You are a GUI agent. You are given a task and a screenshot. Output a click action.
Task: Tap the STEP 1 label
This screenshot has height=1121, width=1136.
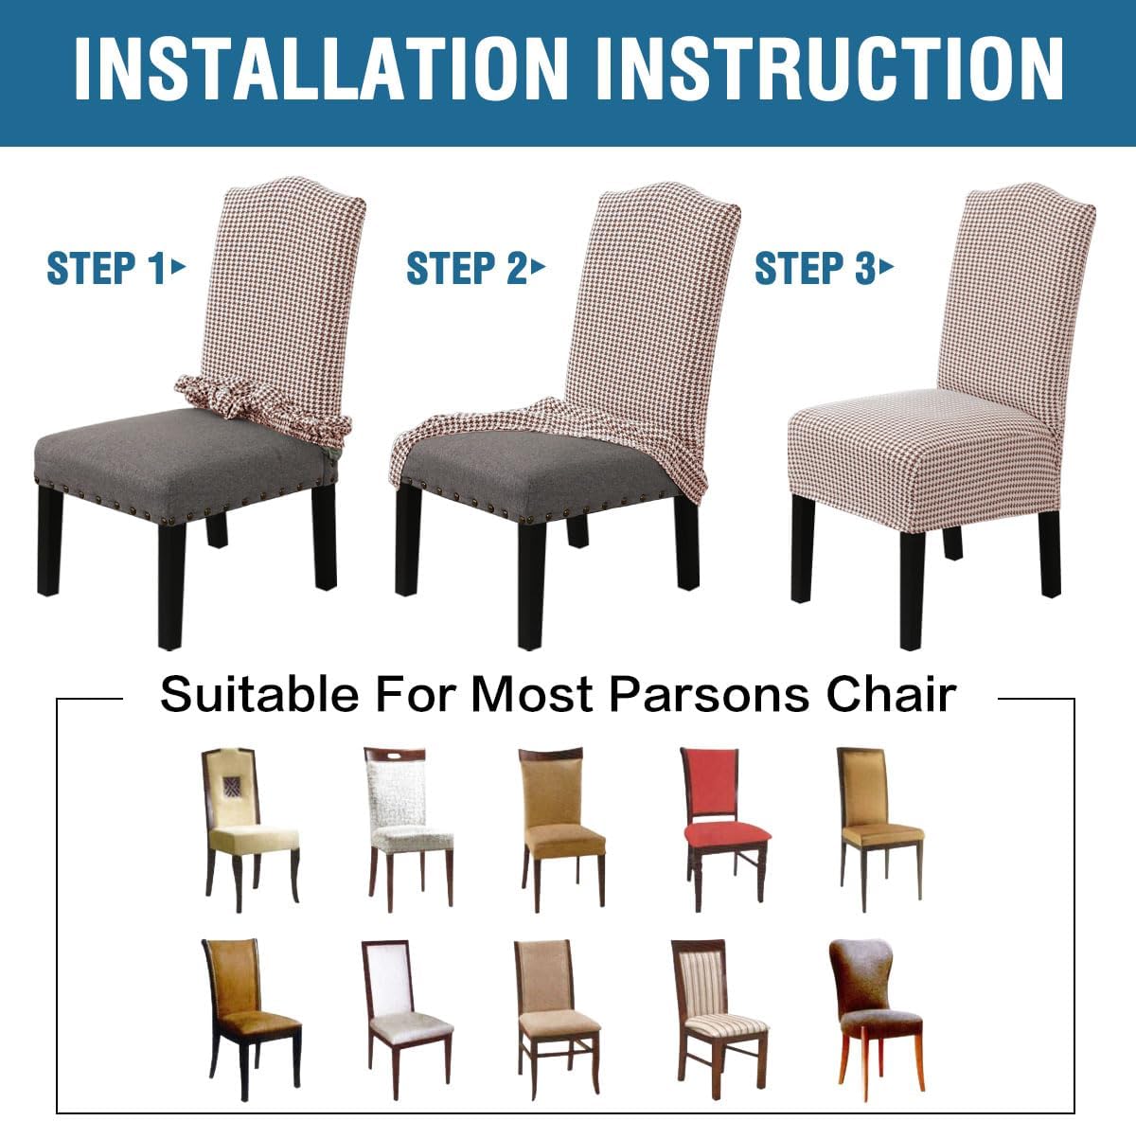point(105,268)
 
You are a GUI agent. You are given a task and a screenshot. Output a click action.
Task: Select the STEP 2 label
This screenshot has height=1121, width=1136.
point(465,268)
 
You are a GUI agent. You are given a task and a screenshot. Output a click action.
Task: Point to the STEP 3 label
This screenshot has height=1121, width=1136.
point(813,268)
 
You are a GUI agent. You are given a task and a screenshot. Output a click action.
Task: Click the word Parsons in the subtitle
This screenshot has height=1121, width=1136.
point(707,694)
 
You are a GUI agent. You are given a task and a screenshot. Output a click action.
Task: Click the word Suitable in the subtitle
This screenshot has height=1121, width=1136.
point(258,694)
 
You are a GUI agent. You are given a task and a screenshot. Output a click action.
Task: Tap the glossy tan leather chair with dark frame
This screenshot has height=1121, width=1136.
point(249,1004)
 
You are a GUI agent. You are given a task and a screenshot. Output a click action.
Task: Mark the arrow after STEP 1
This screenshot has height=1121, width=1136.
point(178,267)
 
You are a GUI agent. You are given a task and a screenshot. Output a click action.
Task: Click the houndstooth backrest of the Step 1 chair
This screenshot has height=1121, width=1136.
point(284,284)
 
